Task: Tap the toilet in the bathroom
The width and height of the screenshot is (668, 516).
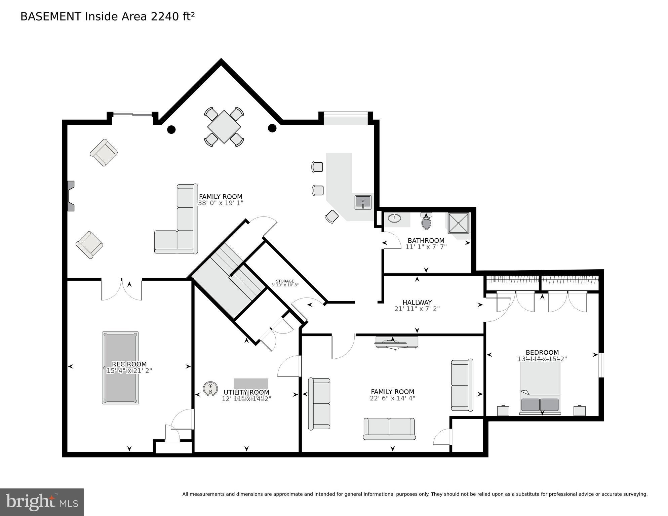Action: [426, 222]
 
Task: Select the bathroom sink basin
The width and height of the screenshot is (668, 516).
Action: [394, 219]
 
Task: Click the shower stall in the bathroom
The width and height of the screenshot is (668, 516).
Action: [458, 223]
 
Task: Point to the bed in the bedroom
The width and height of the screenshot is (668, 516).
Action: [540, 388]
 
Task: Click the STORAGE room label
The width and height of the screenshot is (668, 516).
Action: [285, 281]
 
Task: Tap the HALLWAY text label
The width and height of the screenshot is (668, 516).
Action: [417, 302]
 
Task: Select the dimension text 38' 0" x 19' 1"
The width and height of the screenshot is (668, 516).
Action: [220, 203]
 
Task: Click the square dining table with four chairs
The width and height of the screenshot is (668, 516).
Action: [224, 127]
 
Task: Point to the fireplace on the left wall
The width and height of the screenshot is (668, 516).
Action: [70, 196]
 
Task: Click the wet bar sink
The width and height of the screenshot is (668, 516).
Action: [363, 202]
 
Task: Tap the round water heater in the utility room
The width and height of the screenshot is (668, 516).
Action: [210, 389]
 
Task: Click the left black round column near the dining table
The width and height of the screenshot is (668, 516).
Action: [171, 129]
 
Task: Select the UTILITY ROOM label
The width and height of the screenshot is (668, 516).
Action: [246, 392]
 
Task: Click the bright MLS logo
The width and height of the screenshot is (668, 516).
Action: [42, 502]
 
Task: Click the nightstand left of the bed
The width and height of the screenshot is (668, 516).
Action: [503, 411]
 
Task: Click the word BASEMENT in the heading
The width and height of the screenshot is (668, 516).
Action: [51, 16]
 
